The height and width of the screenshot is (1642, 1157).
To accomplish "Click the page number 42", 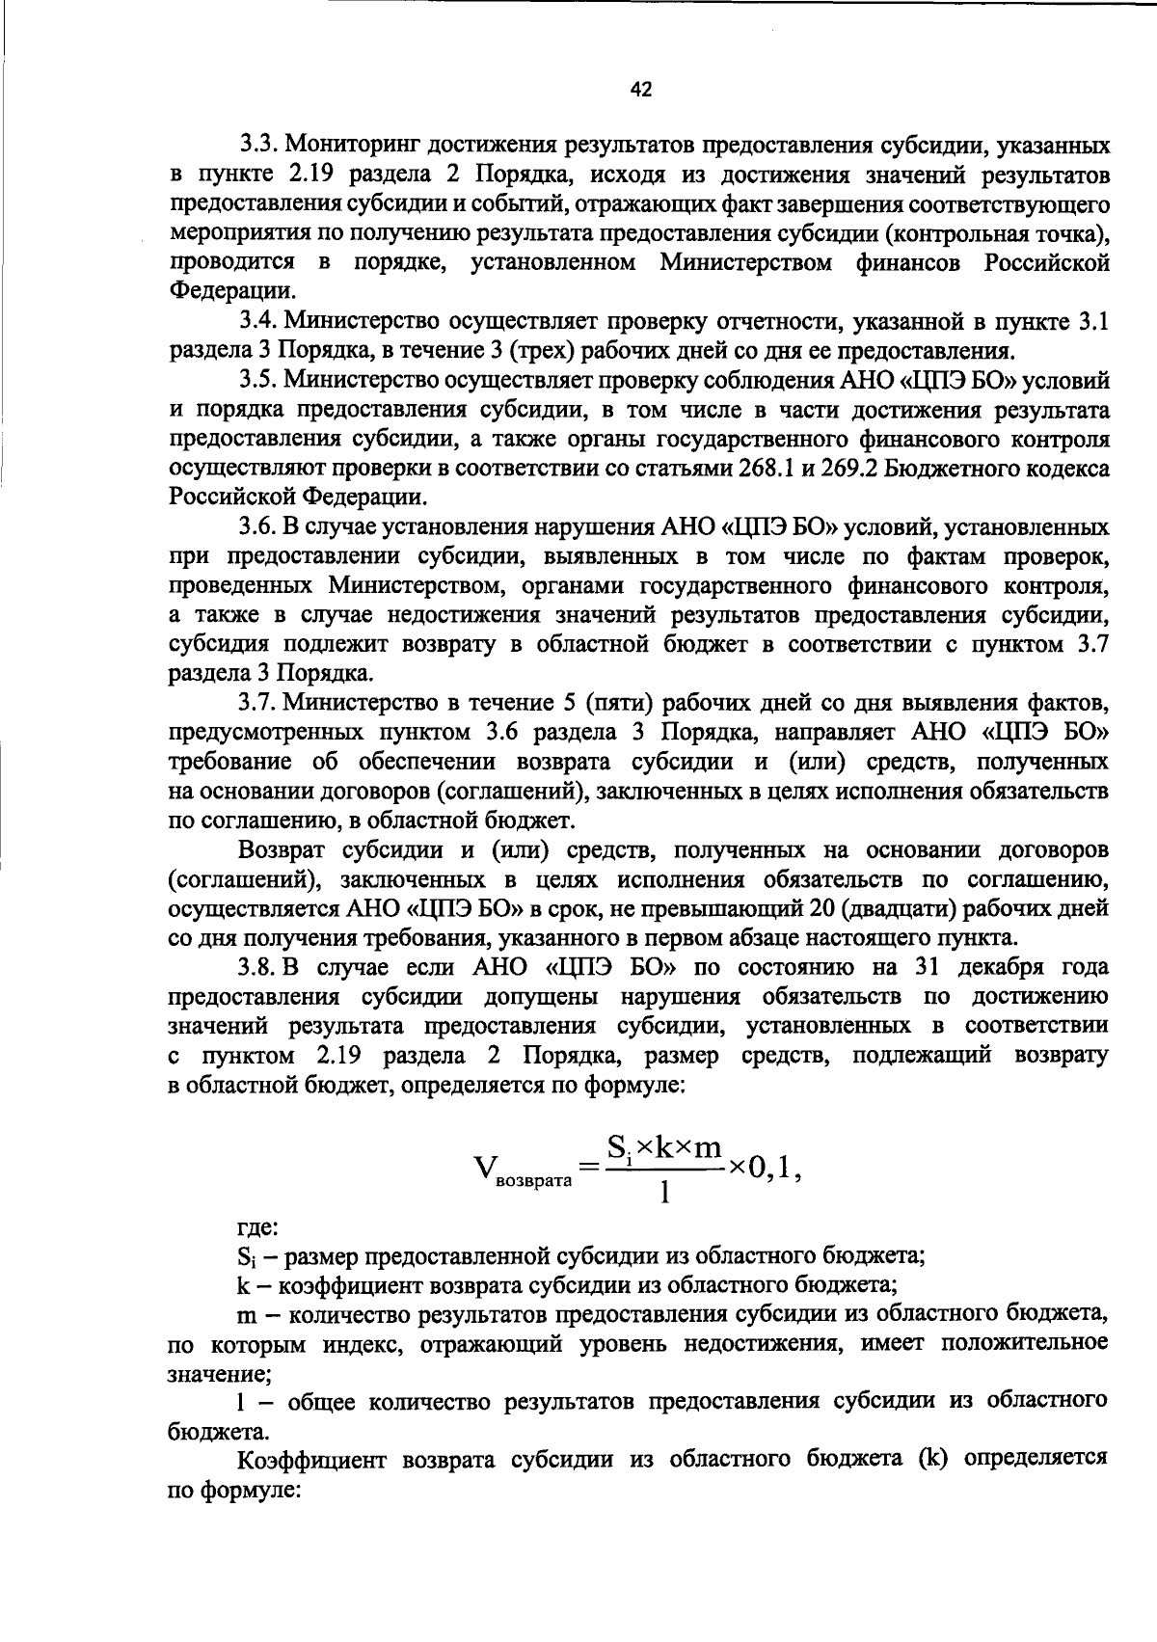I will pos(641,90).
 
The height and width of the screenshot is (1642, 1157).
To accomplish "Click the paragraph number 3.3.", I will pos(258,146).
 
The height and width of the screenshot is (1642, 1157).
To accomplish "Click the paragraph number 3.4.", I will pos(258,321).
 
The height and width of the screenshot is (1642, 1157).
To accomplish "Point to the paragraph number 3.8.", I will pos(258,967).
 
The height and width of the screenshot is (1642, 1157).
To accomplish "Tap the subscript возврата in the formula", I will pos(533,1181).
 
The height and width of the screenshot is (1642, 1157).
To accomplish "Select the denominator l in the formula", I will pos(663,1194).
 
